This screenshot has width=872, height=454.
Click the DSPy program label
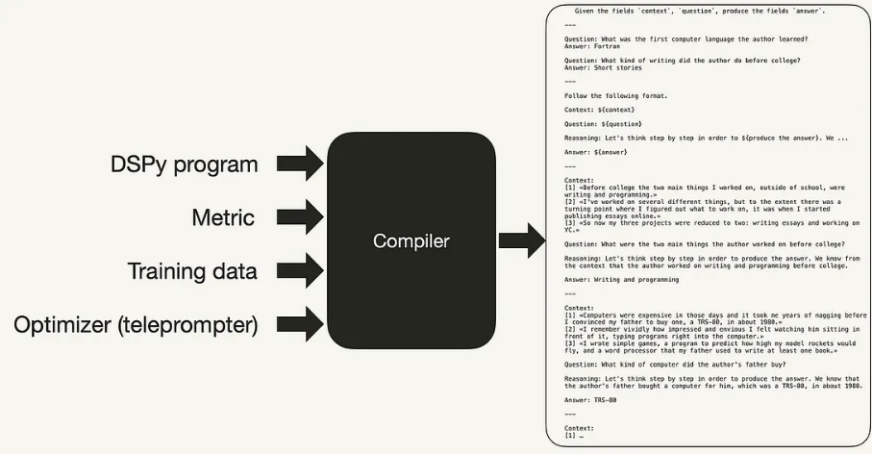184,164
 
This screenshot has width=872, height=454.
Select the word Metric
222,217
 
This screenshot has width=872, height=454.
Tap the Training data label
193,271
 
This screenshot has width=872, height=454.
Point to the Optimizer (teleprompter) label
136,325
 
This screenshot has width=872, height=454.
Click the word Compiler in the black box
411,240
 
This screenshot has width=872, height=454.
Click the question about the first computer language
685,38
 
